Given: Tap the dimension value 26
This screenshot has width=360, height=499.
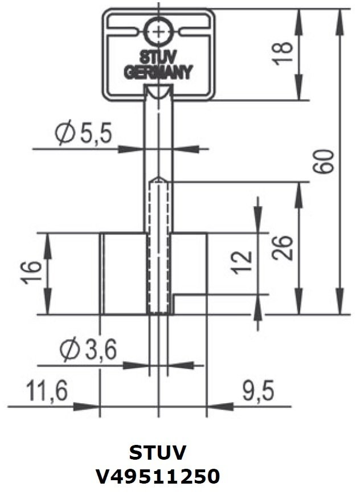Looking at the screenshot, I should coord(283,247).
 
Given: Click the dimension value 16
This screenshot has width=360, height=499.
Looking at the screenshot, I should coord(32,273).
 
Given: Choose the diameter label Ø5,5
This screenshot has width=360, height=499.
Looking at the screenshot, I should coord(83,134).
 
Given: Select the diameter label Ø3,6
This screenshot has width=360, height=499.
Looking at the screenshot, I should coord(88,350).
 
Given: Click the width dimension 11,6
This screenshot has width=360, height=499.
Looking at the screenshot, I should coord(46,391).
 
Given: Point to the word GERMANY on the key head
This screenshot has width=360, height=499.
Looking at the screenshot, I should coord(158,73).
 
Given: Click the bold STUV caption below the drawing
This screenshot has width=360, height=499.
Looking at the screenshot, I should coord(158,453).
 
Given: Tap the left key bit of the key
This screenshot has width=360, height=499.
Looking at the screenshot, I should coord(124,273).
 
